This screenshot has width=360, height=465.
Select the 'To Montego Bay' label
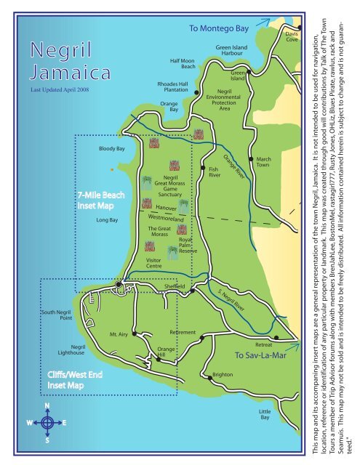(219, 28)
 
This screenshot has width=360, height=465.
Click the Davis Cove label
(291, 36)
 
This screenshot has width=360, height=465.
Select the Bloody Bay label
(112, 148)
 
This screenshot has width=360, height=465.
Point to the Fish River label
(215, 171)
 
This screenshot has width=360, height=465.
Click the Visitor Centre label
(153, 262)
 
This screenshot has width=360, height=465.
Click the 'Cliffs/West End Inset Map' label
(75, 380)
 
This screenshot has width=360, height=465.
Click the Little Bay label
(265, 415)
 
